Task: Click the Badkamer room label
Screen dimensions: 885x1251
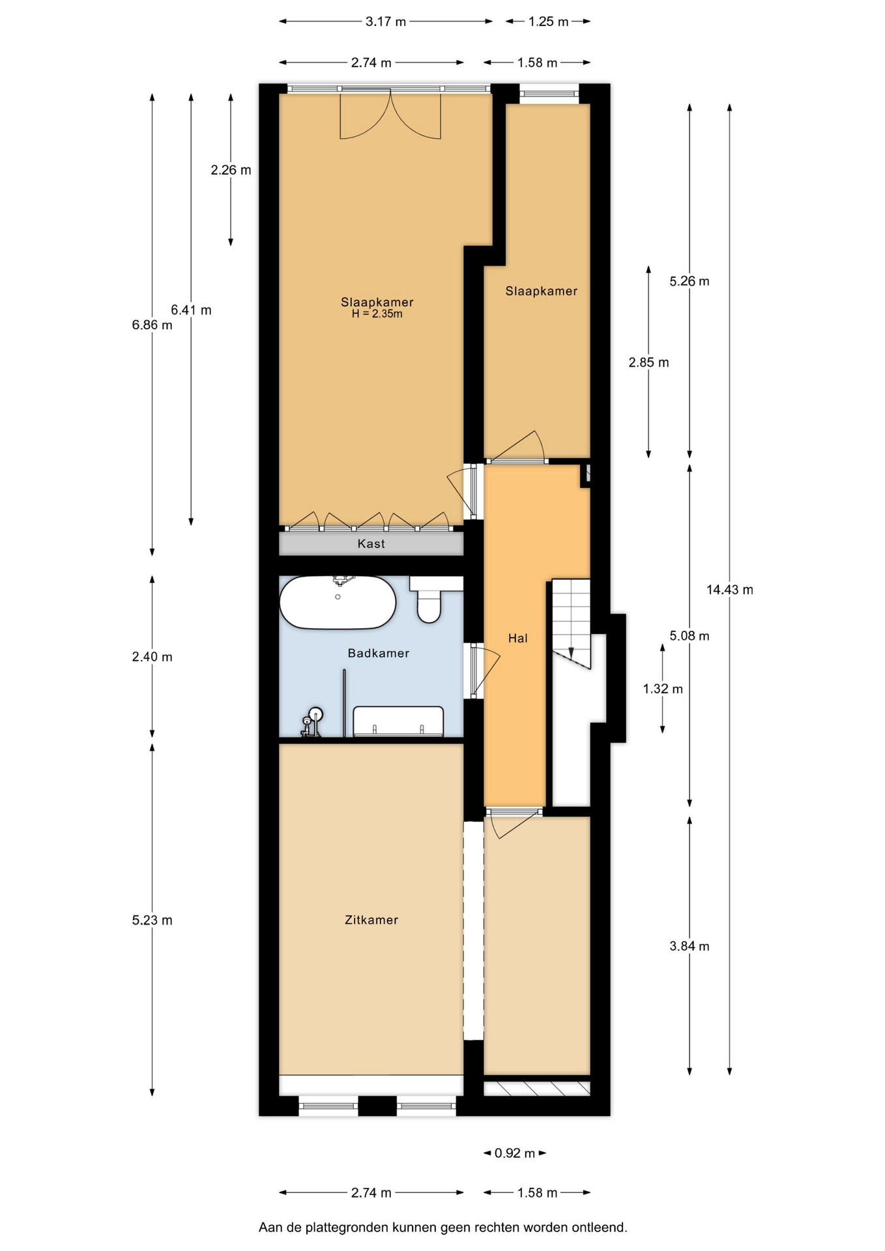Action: (x=378, y=653)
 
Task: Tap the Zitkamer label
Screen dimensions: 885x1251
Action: (x=371, y=919)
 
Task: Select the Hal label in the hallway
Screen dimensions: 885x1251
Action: (x=517, y=638)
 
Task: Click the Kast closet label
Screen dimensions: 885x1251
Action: (x=371, y=543)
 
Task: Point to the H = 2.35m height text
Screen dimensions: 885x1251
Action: (x=377, y=314)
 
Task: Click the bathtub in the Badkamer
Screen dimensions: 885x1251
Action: (x=337, y=601)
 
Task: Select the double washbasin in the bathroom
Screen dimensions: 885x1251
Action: (x=398, y=722)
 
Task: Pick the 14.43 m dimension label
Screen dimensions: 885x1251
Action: (x=729, y=590)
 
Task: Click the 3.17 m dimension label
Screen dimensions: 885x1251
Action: (x=385, y=22)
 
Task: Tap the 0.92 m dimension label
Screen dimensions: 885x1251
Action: (x=514, y=1153)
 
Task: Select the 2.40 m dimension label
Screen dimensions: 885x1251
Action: (x=152, y=657)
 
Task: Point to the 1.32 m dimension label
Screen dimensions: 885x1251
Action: (x=662, y=689)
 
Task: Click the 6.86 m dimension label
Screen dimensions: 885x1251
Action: (x=152, y=324)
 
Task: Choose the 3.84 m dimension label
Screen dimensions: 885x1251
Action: (x=689, y=946)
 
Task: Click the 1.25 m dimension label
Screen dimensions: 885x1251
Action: (x=548, y=22)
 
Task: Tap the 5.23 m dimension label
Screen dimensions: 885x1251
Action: (x=152, y=920)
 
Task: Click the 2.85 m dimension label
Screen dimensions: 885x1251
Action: (x=648, y=362)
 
